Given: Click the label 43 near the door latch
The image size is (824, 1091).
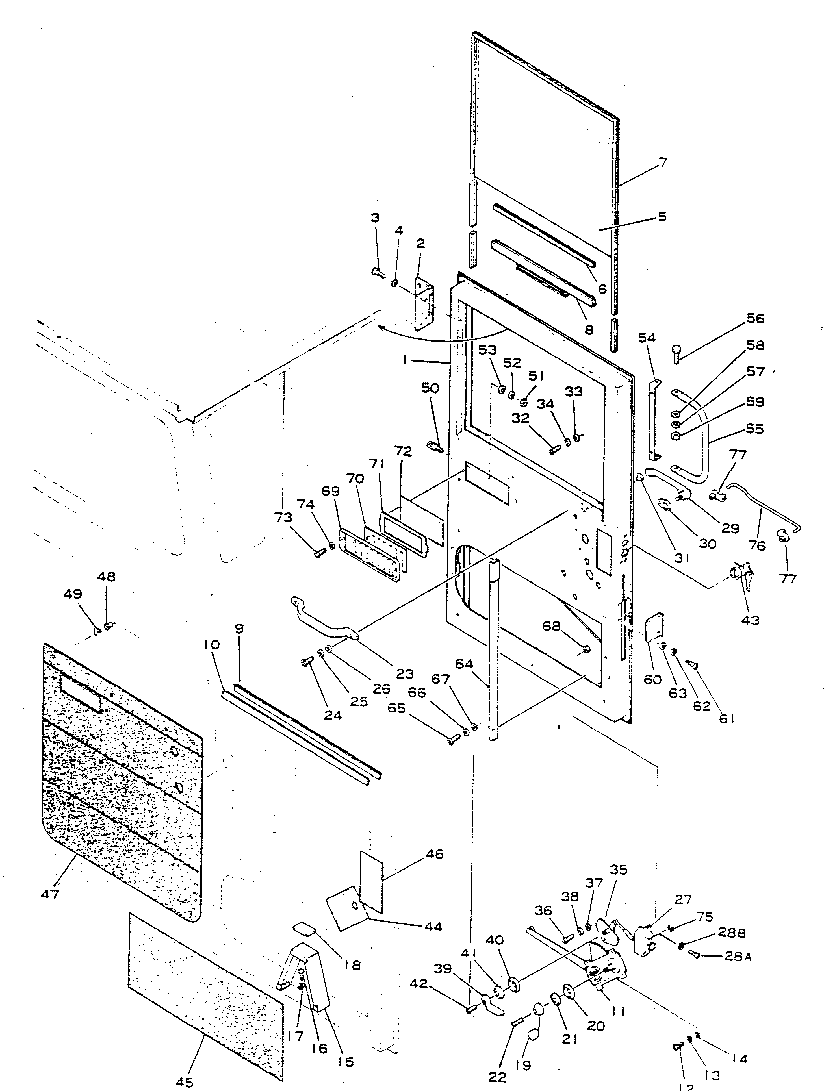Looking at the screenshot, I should (750, 620).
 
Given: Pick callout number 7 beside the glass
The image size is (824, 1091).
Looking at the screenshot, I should (663, 162).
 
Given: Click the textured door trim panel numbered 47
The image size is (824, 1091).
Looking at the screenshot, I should (121, 779).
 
